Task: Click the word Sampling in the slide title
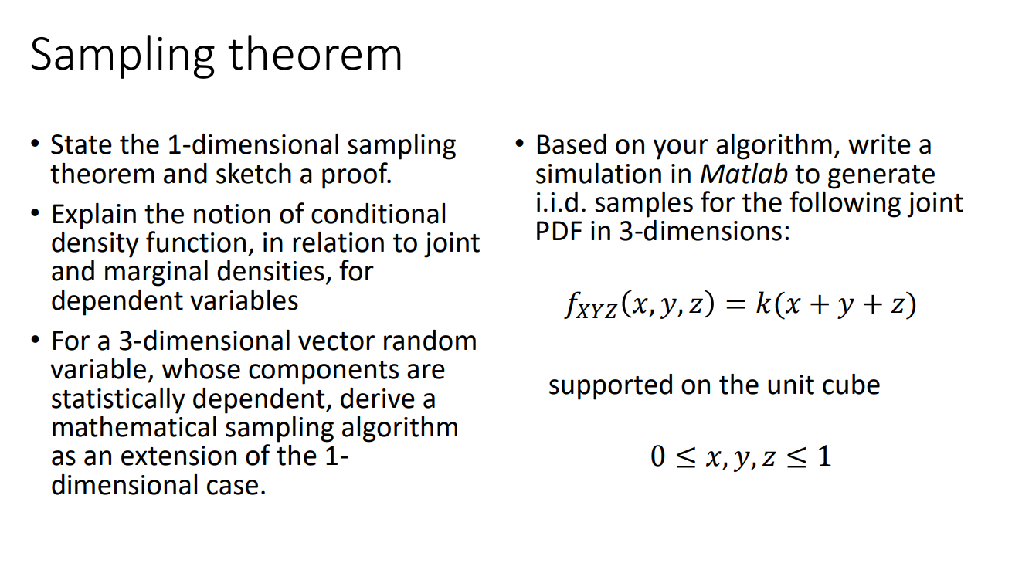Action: pos(121,56)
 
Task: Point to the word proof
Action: pos(356,175)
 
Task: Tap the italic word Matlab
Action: pos(743,174)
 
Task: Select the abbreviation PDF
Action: pos(559,231)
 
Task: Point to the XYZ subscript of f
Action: pos(599,311)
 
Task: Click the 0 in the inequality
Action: pos(658,456)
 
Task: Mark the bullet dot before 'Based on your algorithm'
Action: pos(520,144)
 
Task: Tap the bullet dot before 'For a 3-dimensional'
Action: pos(35,340)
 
